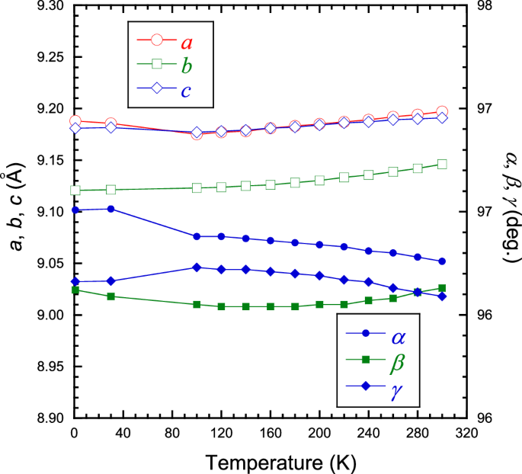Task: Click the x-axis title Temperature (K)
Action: (271, 462)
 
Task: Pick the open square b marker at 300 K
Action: (442, 164)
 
